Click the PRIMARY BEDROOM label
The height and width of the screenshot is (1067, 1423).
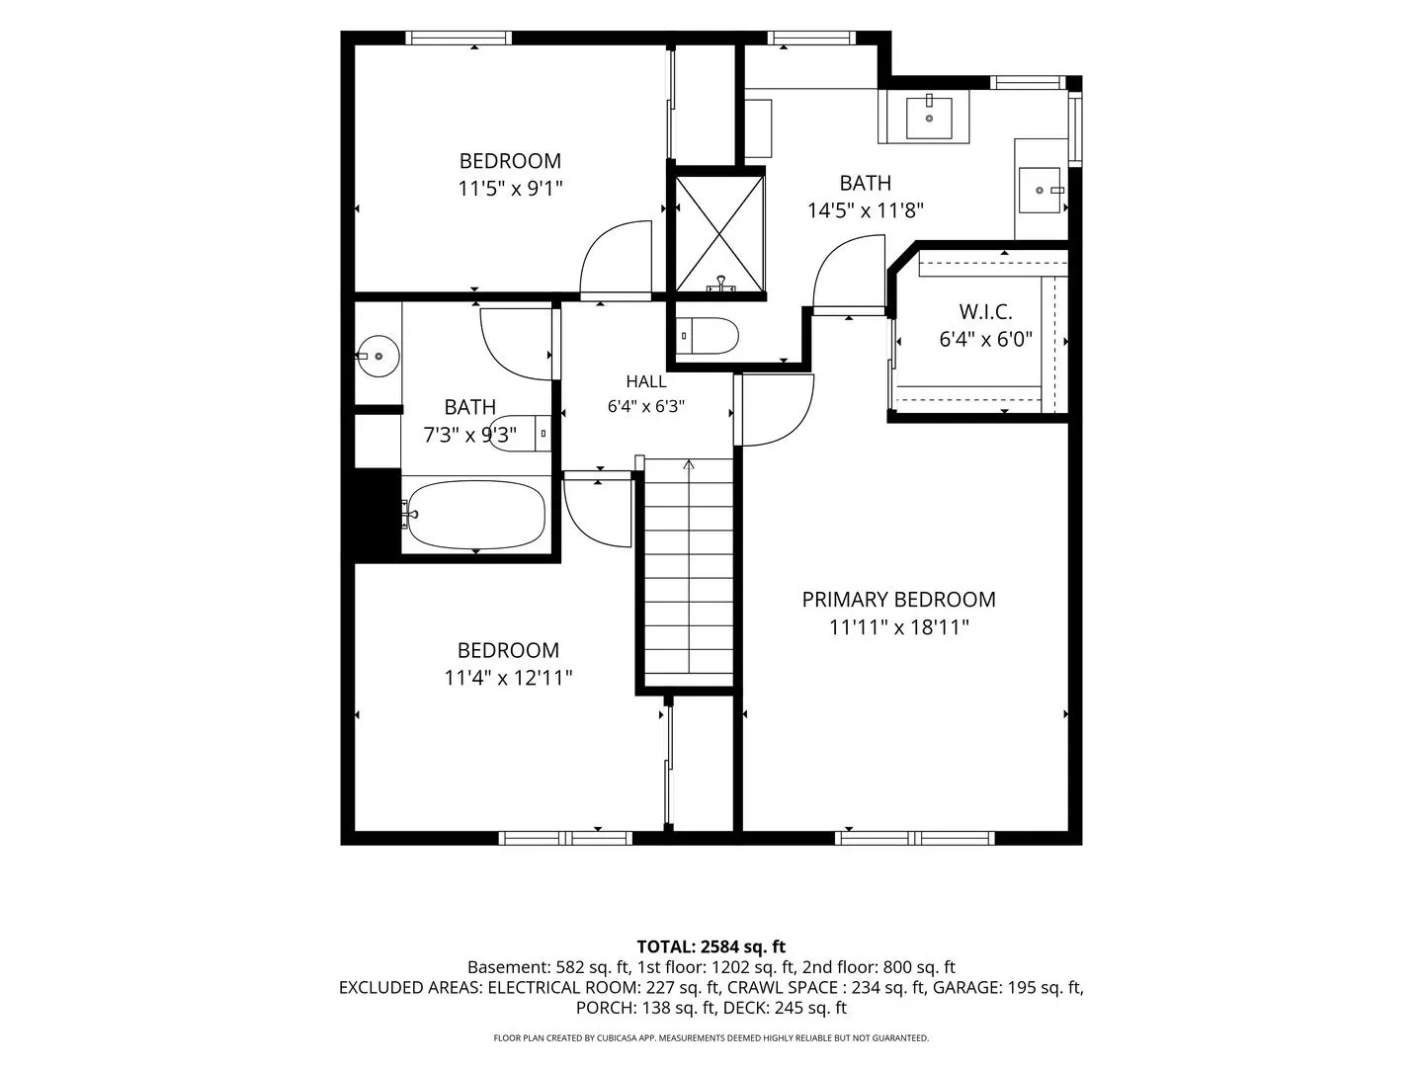click(898, 600)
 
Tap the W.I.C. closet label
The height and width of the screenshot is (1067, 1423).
click(985, 311)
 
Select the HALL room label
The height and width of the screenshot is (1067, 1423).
click(645, 381)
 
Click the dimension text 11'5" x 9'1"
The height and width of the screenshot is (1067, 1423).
click(510, 189)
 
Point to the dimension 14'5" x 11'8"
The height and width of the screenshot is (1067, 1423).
click(866, 210)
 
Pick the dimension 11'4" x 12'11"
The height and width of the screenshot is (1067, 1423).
click(508, 678)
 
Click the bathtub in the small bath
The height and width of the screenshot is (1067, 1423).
click(476, 515)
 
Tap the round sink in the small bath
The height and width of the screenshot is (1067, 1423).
click(377, 356)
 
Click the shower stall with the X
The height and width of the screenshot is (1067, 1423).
click(719, 234)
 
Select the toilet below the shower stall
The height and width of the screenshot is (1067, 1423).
click(708, 336)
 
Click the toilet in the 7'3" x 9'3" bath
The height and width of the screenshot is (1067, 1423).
click(520, 433)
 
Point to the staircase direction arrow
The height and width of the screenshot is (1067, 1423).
click(689, 464)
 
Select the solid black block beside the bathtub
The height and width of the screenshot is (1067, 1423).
click(377, 512)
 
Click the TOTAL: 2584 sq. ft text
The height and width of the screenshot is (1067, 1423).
click(711, 947)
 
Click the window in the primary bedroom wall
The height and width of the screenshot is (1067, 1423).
click(914, 839)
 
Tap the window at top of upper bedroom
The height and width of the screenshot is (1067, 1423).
click(459, 38)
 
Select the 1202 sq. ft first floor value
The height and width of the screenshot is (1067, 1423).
click(753, 968)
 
